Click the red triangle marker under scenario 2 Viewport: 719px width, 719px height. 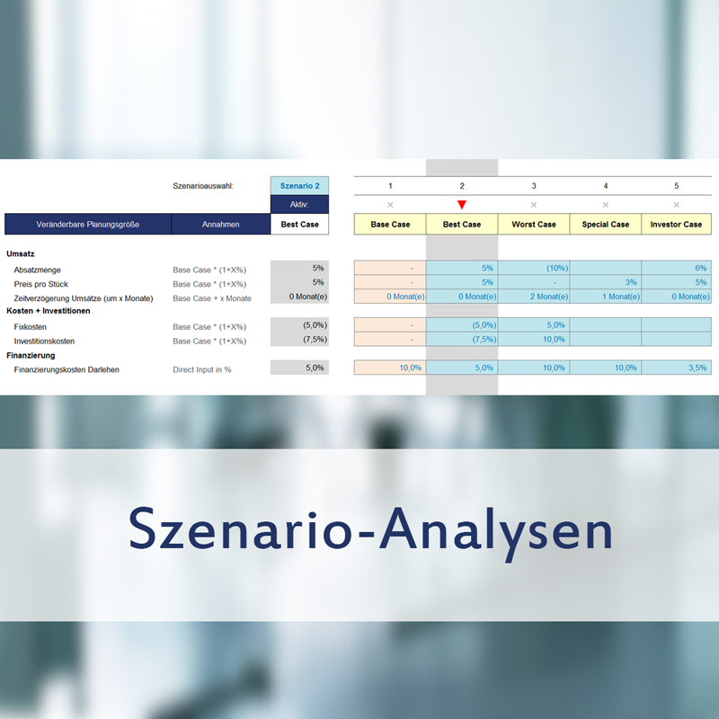462,205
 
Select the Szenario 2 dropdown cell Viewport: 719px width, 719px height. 299,186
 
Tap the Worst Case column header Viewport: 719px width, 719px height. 534,224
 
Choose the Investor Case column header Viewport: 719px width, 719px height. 677,224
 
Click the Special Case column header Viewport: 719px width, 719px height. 605,224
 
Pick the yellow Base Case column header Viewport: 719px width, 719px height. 390,224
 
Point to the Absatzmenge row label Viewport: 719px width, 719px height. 37,270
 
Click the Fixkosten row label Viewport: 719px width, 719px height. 31,327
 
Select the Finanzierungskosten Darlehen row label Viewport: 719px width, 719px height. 67,369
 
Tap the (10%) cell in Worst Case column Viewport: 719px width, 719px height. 534,268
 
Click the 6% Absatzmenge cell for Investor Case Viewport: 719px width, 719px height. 677,268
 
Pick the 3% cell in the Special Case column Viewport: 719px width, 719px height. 605,282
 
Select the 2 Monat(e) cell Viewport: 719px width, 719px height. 534,297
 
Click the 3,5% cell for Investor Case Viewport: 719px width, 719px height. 677,368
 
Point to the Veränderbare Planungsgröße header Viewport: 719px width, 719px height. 87,224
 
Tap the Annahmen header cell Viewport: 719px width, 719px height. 220,224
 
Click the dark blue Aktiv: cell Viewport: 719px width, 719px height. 299,205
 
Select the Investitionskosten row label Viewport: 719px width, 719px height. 44,342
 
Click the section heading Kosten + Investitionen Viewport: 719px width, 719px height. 49,311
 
